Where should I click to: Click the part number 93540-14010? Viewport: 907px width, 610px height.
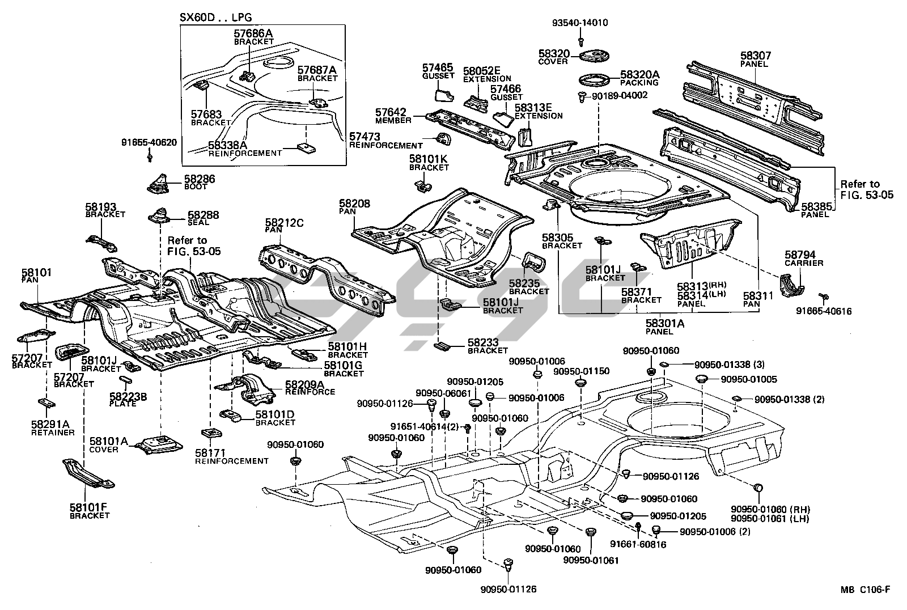(x=580, y=23)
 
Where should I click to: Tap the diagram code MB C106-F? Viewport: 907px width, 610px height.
(x=866, y=590)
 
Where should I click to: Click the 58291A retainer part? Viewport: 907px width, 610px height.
(x=46, y=404)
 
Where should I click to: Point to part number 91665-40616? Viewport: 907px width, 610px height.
(x=823, y=311)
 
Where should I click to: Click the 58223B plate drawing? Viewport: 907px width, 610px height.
(x=126, y=379)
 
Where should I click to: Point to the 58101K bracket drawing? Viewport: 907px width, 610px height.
(x=422, y=184)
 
